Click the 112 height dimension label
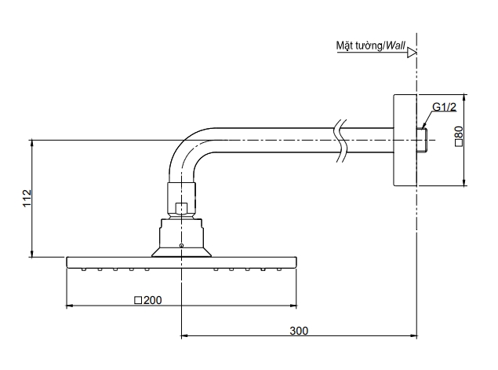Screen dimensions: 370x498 point(26,198)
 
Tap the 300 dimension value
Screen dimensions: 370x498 point(299,330)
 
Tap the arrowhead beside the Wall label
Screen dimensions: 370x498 point(413,53)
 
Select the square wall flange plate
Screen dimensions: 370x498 point(403,140)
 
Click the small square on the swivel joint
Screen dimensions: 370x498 point(181,208)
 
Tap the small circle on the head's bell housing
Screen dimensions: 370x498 point(181,246)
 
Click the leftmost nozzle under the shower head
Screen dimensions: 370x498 point(84,269)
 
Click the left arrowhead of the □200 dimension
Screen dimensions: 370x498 point(69,305)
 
